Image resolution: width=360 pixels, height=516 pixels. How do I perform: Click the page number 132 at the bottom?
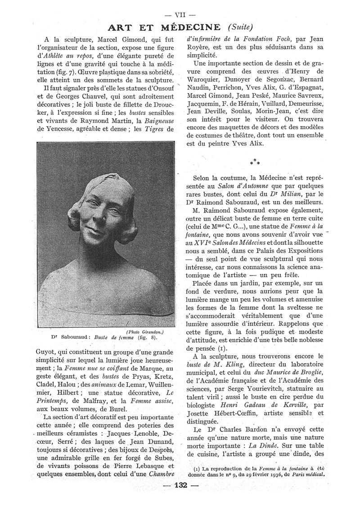tap(180, 498)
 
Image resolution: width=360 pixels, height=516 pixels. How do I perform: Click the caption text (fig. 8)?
tap(148, 337)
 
